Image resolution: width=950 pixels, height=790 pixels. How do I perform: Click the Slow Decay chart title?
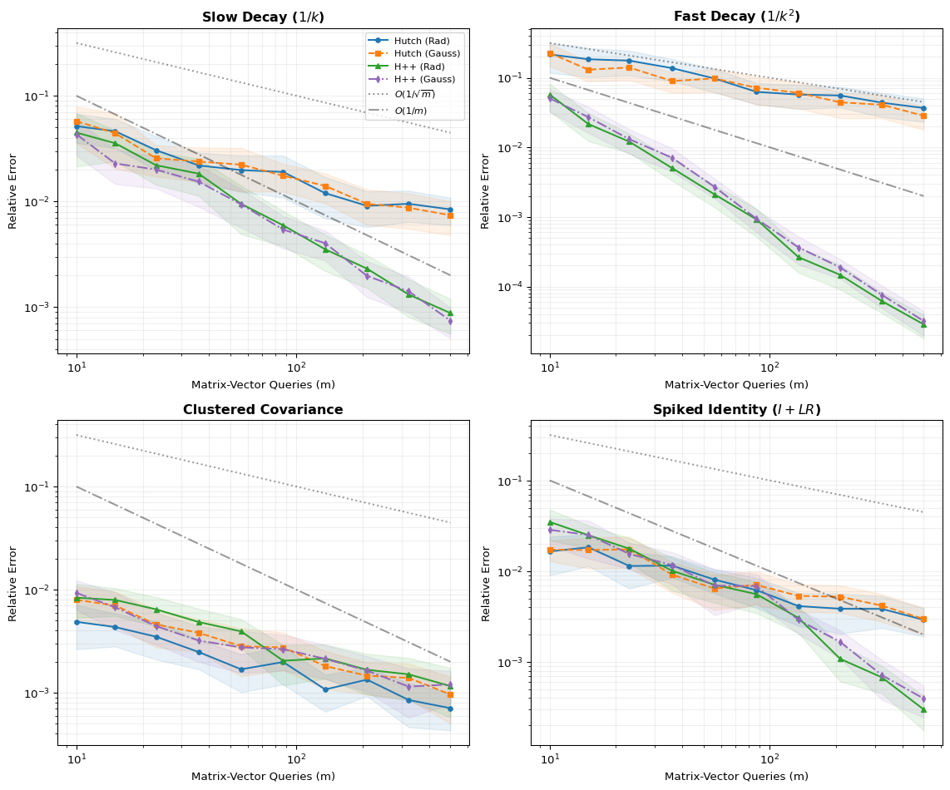point(263,17)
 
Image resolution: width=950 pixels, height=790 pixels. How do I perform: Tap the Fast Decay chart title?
point(736,17)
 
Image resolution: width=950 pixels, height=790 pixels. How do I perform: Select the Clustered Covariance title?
point(263,409)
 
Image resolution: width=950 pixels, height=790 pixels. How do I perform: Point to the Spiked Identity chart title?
point(736,409)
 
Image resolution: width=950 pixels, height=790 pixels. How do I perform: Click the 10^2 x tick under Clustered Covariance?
point(296,758)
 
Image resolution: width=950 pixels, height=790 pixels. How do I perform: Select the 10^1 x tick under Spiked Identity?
point(550,758)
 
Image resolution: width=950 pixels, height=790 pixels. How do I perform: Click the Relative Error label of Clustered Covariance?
point(12,583)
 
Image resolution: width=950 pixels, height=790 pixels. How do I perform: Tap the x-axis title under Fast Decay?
point(736,384)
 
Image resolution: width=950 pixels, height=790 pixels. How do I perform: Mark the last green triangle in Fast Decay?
point(923,324)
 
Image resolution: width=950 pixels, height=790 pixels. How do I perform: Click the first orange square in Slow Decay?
point(77,121)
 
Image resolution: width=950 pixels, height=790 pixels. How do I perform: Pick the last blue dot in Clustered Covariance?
point(450,709)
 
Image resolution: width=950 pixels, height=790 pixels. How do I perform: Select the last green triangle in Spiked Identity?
point(923,709)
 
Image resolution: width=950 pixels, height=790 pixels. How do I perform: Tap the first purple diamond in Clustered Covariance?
point(77,593)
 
